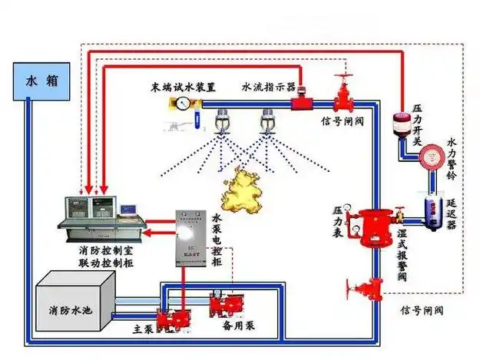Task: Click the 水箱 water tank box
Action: (x=38, y=80)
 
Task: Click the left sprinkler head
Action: (x=224, y=121)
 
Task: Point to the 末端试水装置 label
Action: (x=183, y=86)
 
